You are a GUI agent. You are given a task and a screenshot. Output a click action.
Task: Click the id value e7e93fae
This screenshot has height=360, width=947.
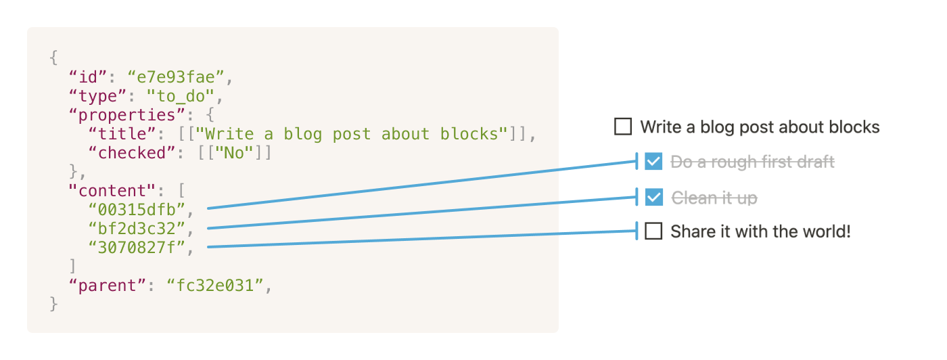[175, 77]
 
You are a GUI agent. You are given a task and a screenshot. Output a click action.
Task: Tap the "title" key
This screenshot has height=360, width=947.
[126, 134]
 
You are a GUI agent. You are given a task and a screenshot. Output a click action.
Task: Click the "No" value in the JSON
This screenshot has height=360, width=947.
[233, 153]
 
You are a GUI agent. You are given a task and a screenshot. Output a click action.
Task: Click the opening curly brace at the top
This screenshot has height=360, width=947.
[54, 58]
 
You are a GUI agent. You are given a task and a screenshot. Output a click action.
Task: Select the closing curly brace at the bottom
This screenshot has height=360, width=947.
[54, 305]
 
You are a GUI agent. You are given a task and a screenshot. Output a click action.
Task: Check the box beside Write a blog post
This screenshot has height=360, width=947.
[623, 127]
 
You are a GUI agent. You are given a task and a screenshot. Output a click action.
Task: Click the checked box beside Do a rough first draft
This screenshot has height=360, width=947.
[653, 161]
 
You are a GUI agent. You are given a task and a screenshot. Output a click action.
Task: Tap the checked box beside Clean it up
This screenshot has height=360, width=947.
[653, 197]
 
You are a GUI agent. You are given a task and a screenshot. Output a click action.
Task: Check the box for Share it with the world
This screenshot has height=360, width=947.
[653, 231]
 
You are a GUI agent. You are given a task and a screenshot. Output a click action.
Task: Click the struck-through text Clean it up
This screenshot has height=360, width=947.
[714, 198]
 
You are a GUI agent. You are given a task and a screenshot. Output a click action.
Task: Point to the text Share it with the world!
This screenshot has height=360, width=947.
[760, 231]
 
